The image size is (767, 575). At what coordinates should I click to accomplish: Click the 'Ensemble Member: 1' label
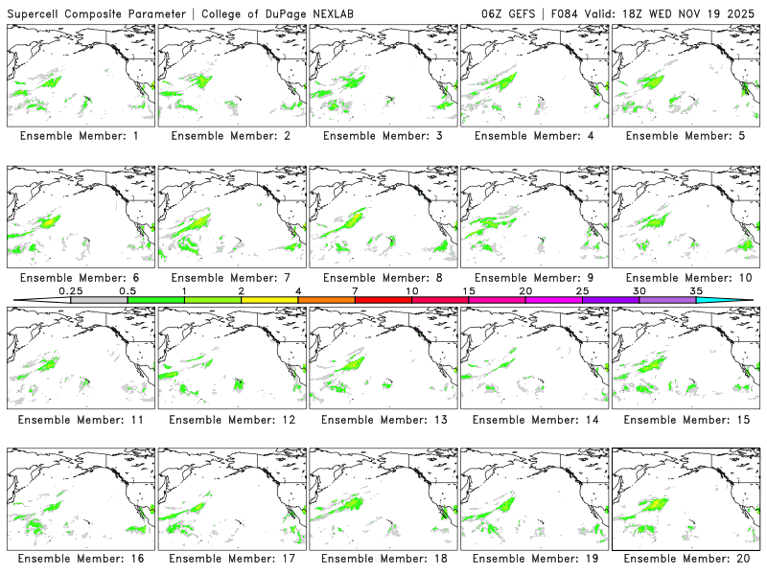pyautogui.click(x=79, y=136)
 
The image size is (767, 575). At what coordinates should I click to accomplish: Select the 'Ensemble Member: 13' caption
pyautogui.click(x=382, y=419)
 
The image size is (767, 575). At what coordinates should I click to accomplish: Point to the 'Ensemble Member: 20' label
pyautogui.click(x=686, y=558)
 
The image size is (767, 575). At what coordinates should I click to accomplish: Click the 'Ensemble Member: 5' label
pyautogui.click(x=686, y=136)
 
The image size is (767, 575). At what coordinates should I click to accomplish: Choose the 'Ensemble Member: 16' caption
pyautogui.click(x=79, y=558)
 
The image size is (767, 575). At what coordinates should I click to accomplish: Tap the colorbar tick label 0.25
pyautogui.click(x=71, y=290)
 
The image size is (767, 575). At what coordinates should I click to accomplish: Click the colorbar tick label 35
pyautogui.click(x=696, y=290)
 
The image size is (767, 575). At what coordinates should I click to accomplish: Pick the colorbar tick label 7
pyautogui.click(x=355, y=290)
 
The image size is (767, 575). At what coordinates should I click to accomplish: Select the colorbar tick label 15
pyautogui.click(x=469, y=290)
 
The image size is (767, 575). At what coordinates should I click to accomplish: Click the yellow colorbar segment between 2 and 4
pyautogui.click(x=269, y=300)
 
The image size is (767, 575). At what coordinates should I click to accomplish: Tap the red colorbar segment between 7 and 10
pyautogui.click(x=383, y=300)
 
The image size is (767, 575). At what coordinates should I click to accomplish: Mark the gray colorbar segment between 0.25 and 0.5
pyautogui.click(x=99, y=300)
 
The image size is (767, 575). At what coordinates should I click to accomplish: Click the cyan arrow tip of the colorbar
pyautogui.click(x=738, y=300)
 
